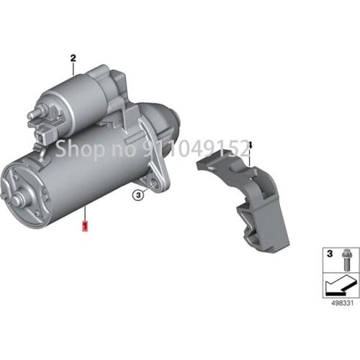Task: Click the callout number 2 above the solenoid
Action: click(x=73, y=57)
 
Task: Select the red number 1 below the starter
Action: click(x=86, y=226)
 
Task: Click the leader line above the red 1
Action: click(x=86, y=214)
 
